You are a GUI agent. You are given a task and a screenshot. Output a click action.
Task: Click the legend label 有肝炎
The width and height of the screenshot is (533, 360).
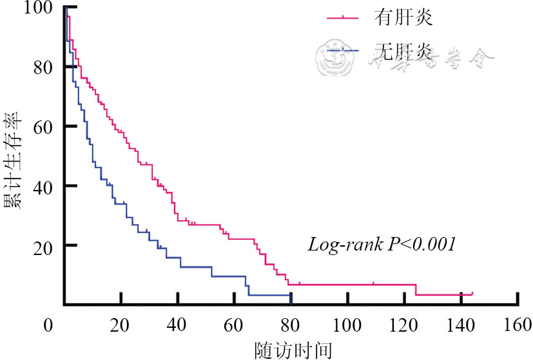pyautogui.click(x=403, y=17)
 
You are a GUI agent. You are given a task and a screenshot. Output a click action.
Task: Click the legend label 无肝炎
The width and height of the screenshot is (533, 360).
pyautogui.click(x=403, y=52)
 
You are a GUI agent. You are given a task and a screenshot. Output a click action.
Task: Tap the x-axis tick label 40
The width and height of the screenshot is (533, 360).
pyautogui.click(x=177, y=325)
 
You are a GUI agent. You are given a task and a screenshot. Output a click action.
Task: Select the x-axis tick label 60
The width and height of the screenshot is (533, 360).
pyautogui.click(x=234, y=325)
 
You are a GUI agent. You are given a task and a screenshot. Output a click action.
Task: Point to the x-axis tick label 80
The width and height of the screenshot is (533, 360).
pyautogui.click(x=291, y=325)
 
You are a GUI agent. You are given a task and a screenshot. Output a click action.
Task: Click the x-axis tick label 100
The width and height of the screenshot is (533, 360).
pyautogui.click(x=347, y=325)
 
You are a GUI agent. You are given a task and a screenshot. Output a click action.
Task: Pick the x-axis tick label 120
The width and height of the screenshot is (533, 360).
pyautogui.click(x=405, y=325)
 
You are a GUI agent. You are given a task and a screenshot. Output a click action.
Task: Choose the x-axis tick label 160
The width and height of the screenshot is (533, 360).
pyautogui.click(x=518, y=325)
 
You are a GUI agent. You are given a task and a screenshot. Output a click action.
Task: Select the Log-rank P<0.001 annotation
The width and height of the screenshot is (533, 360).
pyautogui.click(x=382, y=245)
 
